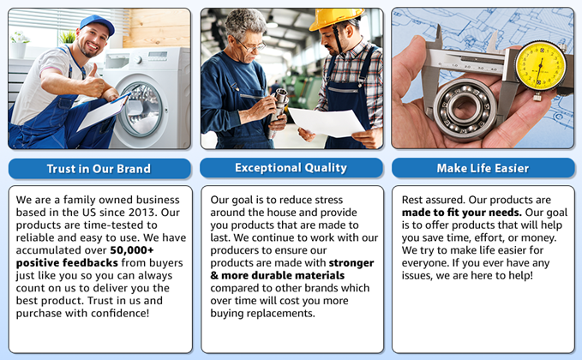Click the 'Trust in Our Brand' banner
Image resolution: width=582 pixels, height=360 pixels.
pyautogui.click(x=99, y=169)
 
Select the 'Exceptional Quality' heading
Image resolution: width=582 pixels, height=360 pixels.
pyautogui.click(x=291, y=168)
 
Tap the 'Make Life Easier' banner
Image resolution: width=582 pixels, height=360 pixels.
pyautogui.click(x=483, y=168)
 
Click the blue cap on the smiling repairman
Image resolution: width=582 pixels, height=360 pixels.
pyautogui.click(x=98, y=23)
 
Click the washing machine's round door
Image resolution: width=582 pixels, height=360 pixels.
pyautogui.click(x=141, y=109)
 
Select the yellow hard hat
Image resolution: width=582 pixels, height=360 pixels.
pyautogui.click(x=335, y=18)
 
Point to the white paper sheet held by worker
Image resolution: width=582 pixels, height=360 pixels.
pyautogui.click(x=327, y=122)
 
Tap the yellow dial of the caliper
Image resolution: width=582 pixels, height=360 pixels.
pyautogui.click(x=541, y=66)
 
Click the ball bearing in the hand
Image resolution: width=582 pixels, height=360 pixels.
pyautogui.click(x=465, y=108)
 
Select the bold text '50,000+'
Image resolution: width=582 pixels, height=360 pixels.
pyautogui.click(x=132, y=250)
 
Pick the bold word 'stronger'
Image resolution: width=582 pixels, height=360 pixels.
pyautogui.click(x=351, y=263)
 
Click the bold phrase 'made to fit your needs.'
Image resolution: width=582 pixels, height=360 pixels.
pyautogui.click(x=462, y=213)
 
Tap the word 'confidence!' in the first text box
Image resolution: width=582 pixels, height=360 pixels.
pyautogui.click(x=120, y=313)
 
